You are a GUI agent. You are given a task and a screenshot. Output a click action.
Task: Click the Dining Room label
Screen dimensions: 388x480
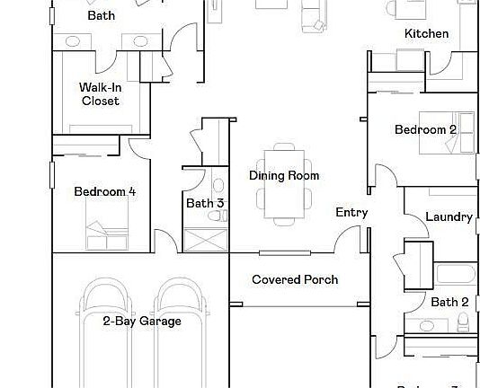coord(284,176)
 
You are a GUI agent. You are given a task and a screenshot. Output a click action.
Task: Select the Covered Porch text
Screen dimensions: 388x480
coord(295,280)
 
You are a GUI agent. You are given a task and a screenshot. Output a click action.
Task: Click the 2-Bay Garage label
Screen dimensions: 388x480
coord(141,322)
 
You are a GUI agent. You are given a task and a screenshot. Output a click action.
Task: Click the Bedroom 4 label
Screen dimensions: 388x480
coord(105,191)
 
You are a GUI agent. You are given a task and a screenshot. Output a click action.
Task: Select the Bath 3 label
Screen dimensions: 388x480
coord(205,204)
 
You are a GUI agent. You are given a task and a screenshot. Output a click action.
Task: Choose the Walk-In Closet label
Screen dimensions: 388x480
coord(100,94)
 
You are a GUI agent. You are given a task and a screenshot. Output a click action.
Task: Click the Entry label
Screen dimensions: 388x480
coord(351,213)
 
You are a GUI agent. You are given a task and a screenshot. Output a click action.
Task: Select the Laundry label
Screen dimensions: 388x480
coord(449,217)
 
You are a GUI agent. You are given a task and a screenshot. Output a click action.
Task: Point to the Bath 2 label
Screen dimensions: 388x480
coord(449,303)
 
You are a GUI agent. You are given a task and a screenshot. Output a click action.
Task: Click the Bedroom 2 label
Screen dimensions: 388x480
coord(425,130)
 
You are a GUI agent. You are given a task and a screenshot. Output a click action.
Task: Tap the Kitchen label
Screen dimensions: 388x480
coord(426,34)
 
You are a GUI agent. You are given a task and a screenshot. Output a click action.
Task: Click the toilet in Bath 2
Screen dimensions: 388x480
coord(463,323)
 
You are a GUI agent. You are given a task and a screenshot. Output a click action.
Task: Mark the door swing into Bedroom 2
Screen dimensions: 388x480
coord(383,177)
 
